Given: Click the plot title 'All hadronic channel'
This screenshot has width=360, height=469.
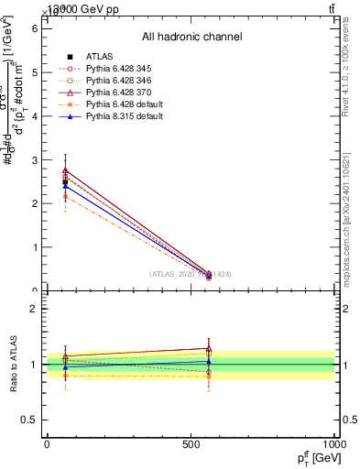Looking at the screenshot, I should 191,37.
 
